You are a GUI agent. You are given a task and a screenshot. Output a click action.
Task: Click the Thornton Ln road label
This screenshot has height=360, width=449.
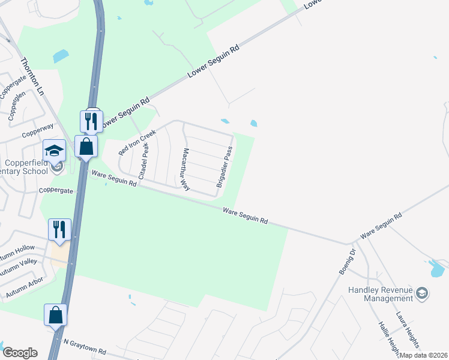[32, 76]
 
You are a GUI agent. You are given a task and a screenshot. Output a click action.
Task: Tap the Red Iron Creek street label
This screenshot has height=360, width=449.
[137, 141]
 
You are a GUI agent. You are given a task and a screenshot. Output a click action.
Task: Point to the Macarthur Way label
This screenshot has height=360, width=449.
[186, 170]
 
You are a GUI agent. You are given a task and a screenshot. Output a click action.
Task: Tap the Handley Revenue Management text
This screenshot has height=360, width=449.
[381, 294]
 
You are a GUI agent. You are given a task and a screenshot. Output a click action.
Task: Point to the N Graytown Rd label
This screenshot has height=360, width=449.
[85, 346]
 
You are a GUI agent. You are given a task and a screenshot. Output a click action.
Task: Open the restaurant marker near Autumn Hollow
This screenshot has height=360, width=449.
[60, 229]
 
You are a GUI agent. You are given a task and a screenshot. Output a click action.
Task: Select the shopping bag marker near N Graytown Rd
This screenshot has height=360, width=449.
[55, 314]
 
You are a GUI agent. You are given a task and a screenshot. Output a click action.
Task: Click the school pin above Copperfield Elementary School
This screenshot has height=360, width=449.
[54, 150]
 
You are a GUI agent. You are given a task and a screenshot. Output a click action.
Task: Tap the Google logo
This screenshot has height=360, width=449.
[20, 353]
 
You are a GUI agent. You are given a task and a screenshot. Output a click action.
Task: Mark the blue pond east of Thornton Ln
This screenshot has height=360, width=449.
[61, 56]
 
